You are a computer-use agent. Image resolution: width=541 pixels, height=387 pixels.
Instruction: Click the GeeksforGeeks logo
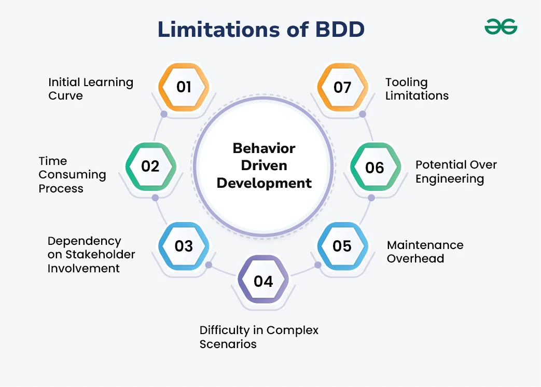(501, 27)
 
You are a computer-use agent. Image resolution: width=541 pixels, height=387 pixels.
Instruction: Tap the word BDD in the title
(340, 30)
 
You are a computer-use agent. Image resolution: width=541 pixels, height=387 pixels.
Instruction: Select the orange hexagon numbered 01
(184, 87)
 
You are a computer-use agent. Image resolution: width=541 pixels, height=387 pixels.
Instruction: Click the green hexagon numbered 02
(151, 167)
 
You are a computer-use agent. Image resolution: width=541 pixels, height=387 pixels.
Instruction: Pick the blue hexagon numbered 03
(184, 246)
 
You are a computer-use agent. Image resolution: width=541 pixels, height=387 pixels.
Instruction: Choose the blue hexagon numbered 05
(343, 246)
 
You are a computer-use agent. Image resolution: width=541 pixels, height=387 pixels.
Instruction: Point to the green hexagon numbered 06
(376, 167)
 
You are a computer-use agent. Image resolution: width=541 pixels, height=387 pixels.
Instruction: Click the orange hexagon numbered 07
(343, 87)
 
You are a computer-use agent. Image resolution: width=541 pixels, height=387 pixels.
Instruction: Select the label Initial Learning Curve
(91, 89)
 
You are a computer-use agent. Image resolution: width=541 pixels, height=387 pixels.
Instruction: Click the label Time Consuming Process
(72, 174)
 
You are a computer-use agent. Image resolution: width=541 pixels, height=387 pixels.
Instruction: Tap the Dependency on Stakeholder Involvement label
(91, 255)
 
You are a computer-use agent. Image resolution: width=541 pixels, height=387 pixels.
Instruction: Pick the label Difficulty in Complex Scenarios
(259, 337)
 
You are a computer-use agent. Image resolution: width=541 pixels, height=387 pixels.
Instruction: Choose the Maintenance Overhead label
(425, 252)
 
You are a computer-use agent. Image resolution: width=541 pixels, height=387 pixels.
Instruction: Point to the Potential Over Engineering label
(456, 172)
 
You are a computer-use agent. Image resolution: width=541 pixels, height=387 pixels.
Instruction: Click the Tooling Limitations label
(417, 89)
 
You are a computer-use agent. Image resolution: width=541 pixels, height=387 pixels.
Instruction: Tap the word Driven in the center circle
(264, 165)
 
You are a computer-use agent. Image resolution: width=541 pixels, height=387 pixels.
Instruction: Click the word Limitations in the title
(219, 30)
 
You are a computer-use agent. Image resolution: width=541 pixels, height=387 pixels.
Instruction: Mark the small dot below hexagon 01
(164, 114)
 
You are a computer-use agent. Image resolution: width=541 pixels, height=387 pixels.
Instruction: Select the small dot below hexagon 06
(371, 198)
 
